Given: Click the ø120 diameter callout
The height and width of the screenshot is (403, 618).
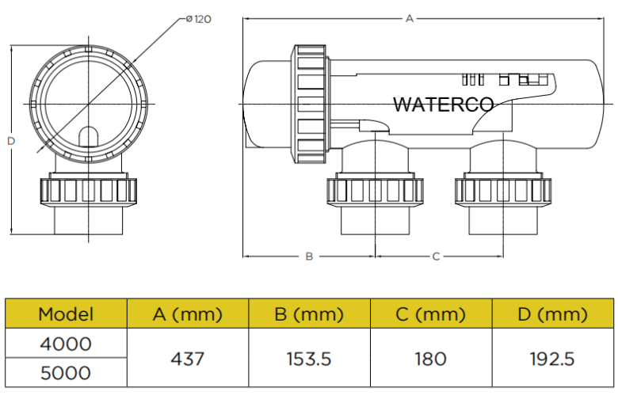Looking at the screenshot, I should pyautogui.click(x=197, y=19).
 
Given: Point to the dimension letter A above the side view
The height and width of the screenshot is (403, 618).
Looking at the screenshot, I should pyautogui.click(x=410, y=18).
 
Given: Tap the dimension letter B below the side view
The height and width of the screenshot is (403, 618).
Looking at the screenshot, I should pyautogui.click(x=310, y=256).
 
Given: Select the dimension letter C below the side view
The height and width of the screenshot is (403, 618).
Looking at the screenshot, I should pyautogui.click(x=436, y=256).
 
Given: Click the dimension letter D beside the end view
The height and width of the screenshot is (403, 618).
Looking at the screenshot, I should pyautogui.click(x=10, y=141).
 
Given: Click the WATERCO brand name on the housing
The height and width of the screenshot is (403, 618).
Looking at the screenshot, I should pyautogui.click(x=443, y=105).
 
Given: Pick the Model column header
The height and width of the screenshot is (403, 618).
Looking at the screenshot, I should pyautogui.click(x=66, y=314).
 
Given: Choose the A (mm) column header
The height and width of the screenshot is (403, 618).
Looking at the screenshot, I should pyautogui.click(x=188, y=314).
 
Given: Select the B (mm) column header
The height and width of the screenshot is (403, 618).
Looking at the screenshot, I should pyautogui.click(x=309, y=314).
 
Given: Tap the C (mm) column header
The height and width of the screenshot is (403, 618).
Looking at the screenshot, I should pyautogui.click(x=430, y=314).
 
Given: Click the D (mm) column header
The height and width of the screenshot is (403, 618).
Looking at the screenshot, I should pyautogui.click(x=552, y=314).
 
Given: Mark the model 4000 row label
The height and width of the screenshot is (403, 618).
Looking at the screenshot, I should pyautogui.click(x=66, y=344).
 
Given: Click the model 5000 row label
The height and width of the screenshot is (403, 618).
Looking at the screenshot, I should pyautogui.click(x=66, y=373).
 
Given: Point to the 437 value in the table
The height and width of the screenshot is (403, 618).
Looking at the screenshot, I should pyautogui.click(x=188, y=359).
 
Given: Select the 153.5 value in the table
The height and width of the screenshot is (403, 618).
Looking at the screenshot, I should pyautogui.click(x=309, y=359).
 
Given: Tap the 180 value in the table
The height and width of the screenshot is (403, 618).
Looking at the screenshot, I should pyautogui.click(x=430, y=359).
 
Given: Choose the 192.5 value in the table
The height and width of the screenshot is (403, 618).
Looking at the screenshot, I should pyautogui.click(x=552, y=359).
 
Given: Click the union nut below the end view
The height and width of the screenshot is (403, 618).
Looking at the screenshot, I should pyautogui.click(x=88, y=191).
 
